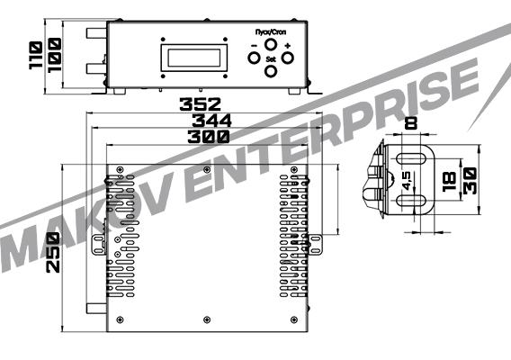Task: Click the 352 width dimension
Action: click(200, 104)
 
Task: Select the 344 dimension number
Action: click(211, 121)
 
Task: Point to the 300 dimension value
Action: click(209, 137)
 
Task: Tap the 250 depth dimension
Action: click(53, 252)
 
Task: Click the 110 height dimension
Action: click(35, 55)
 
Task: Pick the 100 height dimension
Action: click(54, 55)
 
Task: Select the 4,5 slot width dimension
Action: click(407, 181)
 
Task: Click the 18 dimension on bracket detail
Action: click(450, 182)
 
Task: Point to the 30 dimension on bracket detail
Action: click(470, 181)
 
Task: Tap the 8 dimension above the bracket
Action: click(410, 123)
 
